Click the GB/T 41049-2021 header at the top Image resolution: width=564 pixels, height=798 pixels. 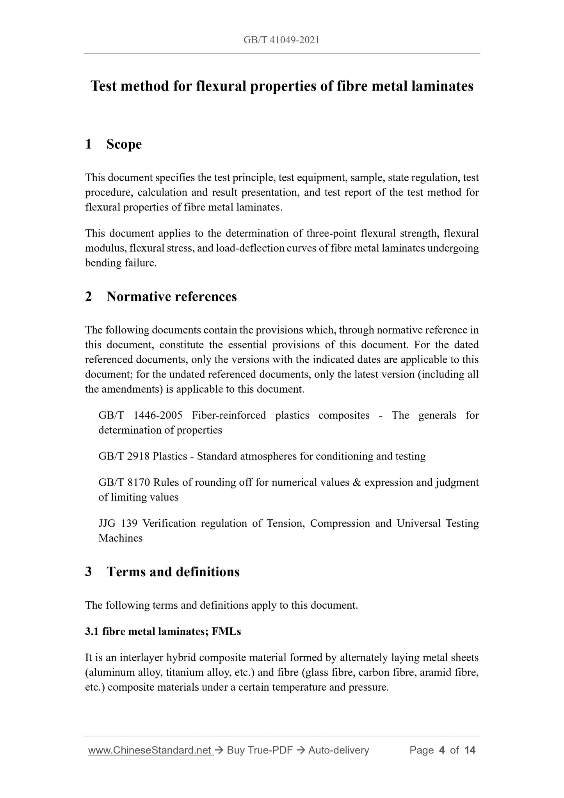[281, 40]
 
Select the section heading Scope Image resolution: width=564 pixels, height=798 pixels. [124, 144]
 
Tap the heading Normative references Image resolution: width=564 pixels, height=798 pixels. [171, 297]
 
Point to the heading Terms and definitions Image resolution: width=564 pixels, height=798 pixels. [173, 572]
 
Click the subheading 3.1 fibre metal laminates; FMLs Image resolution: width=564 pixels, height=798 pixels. [163, 631]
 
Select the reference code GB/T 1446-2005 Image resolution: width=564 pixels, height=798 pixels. [140, 415]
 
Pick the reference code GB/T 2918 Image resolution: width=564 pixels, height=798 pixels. [124, 456]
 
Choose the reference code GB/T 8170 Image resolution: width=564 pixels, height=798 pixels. [124, 483]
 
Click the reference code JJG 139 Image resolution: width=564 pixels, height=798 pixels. [117, 523]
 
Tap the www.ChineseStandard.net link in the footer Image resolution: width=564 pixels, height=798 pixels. [150, 750]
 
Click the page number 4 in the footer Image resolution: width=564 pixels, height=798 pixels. [442, 750]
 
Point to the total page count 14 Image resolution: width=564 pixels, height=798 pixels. [470, 750]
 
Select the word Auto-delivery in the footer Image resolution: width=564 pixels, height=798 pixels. [338, 750]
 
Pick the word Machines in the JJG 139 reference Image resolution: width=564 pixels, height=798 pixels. [120, 538]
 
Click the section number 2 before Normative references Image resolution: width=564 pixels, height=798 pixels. [89, 297]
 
